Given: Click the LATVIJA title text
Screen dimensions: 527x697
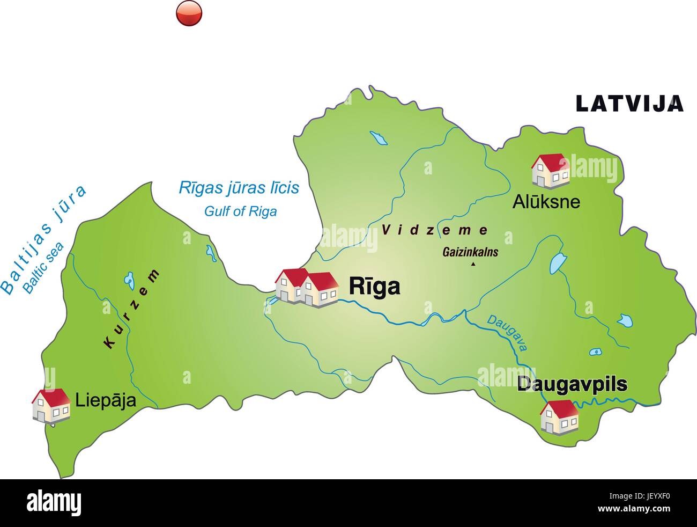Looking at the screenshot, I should click(x=629, y=103).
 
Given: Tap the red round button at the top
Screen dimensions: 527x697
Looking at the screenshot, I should click(x=189, y=12).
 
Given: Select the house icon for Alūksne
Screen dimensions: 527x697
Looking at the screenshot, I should click(x=550, y=171).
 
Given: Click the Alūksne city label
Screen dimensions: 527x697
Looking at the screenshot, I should click(x=546, y=202).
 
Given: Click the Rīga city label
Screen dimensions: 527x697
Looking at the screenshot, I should click(x=374, y=287).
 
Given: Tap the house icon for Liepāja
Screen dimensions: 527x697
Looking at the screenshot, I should click(x=51, y=405).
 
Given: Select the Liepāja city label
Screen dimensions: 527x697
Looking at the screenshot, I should click(x=106, y=400).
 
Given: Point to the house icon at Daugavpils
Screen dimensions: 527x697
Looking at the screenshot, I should click(x=559, y=416).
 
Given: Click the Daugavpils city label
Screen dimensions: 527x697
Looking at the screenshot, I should click(x=572, y=384).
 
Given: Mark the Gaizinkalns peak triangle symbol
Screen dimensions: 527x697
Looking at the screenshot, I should click(x=473, y=264).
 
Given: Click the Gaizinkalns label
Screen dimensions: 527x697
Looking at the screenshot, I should click(x=470, y=252).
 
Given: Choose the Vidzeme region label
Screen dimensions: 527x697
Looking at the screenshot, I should click(x=435, y=230).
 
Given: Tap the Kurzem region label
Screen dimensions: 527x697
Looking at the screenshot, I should click(x=132, y=309).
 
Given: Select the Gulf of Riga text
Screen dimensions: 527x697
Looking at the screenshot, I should click(x=240, y=211).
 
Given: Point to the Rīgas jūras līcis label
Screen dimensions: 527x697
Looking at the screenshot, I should click(x=239, y=188).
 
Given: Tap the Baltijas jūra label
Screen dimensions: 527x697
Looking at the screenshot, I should click(x=42, y=239).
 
